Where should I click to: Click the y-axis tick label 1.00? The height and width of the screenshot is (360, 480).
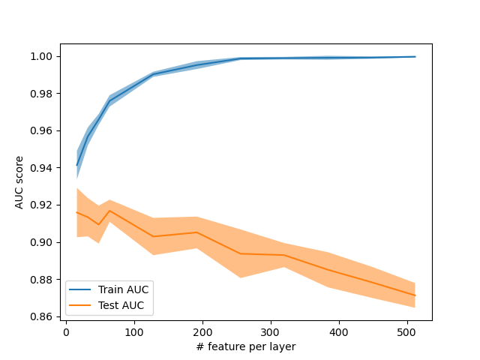(43, 56)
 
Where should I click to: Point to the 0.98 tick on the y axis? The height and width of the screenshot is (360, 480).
(43, 94)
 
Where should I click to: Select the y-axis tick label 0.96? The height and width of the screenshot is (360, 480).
(43, 130)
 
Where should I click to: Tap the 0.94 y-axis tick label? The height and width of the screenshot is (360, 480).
(43, 168)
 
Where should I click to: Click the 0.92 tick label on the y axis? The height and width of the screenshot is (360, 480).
(43, 205)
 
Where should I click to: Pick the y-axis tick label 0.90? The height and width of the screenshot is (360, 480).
(43, 242)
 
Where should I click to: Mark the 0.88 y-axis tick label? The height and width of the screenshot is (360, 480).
(43, 280)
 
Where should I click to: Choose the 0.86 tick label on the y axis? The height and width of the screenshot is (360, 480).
(43, 316)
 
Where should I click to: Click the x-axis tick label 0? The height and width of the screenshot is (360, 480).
(66, 331)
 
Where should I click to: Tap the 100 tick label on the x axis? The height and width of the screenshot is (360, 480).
(134, 331)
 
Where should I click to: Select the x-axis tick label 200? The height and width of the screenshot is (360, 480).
(202, 331)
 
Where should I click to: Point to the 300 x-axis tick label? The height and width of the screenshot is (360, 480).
(271, 331)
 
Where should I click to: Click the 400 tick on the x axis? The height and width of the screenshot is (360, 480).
(339, 331)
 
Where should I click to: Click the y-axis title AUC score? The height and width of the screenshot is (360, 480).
(20, 183)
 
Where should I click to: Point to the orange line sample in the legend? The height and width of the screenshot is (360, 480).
(81, 306)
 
